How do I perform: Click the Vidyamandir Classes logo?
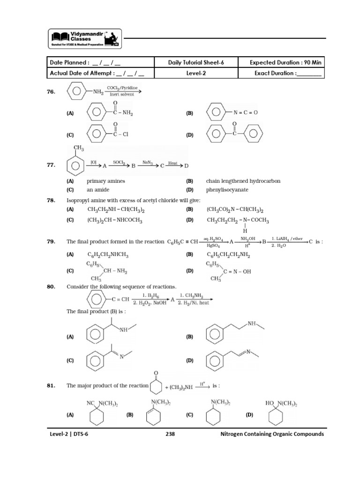[x=85, y=38]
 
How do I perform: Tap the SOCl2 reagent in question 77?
[x=118, y=162]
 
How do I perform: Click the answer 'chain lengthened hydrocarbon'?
[x=243, y=181]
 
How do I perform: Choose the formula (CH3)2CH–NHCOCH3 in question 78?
[x=115, y=220]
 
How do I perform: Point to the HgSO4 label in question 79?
[x=213, y=246]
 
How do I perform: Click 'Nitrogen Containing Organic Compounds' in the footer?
[x=272, y=434]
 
